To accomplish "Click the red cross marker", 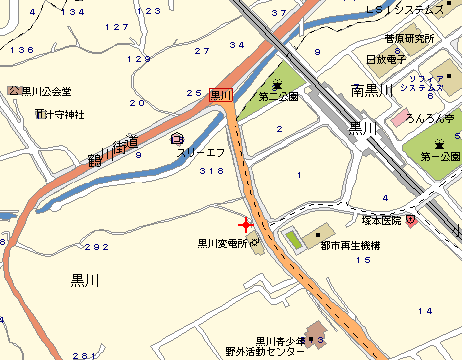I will (246, 225).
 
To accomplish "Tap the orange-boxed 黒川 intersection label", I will (220, 96).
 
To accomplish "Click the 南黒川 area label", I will (377, 90).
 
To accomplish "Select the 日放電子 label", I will (385, 59).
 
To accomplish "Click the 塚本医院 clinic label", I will (381, 220).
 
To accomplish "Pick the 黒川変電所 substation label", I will (222, 241).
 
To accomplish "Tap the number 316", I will (211, 172).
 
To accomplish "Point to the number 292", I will (96, 247).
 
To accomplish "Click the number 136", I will (19, 49).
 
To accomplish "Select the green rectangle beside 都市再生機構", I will (293, 240).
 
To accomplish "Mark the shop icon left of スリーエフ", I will (177, 138).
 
